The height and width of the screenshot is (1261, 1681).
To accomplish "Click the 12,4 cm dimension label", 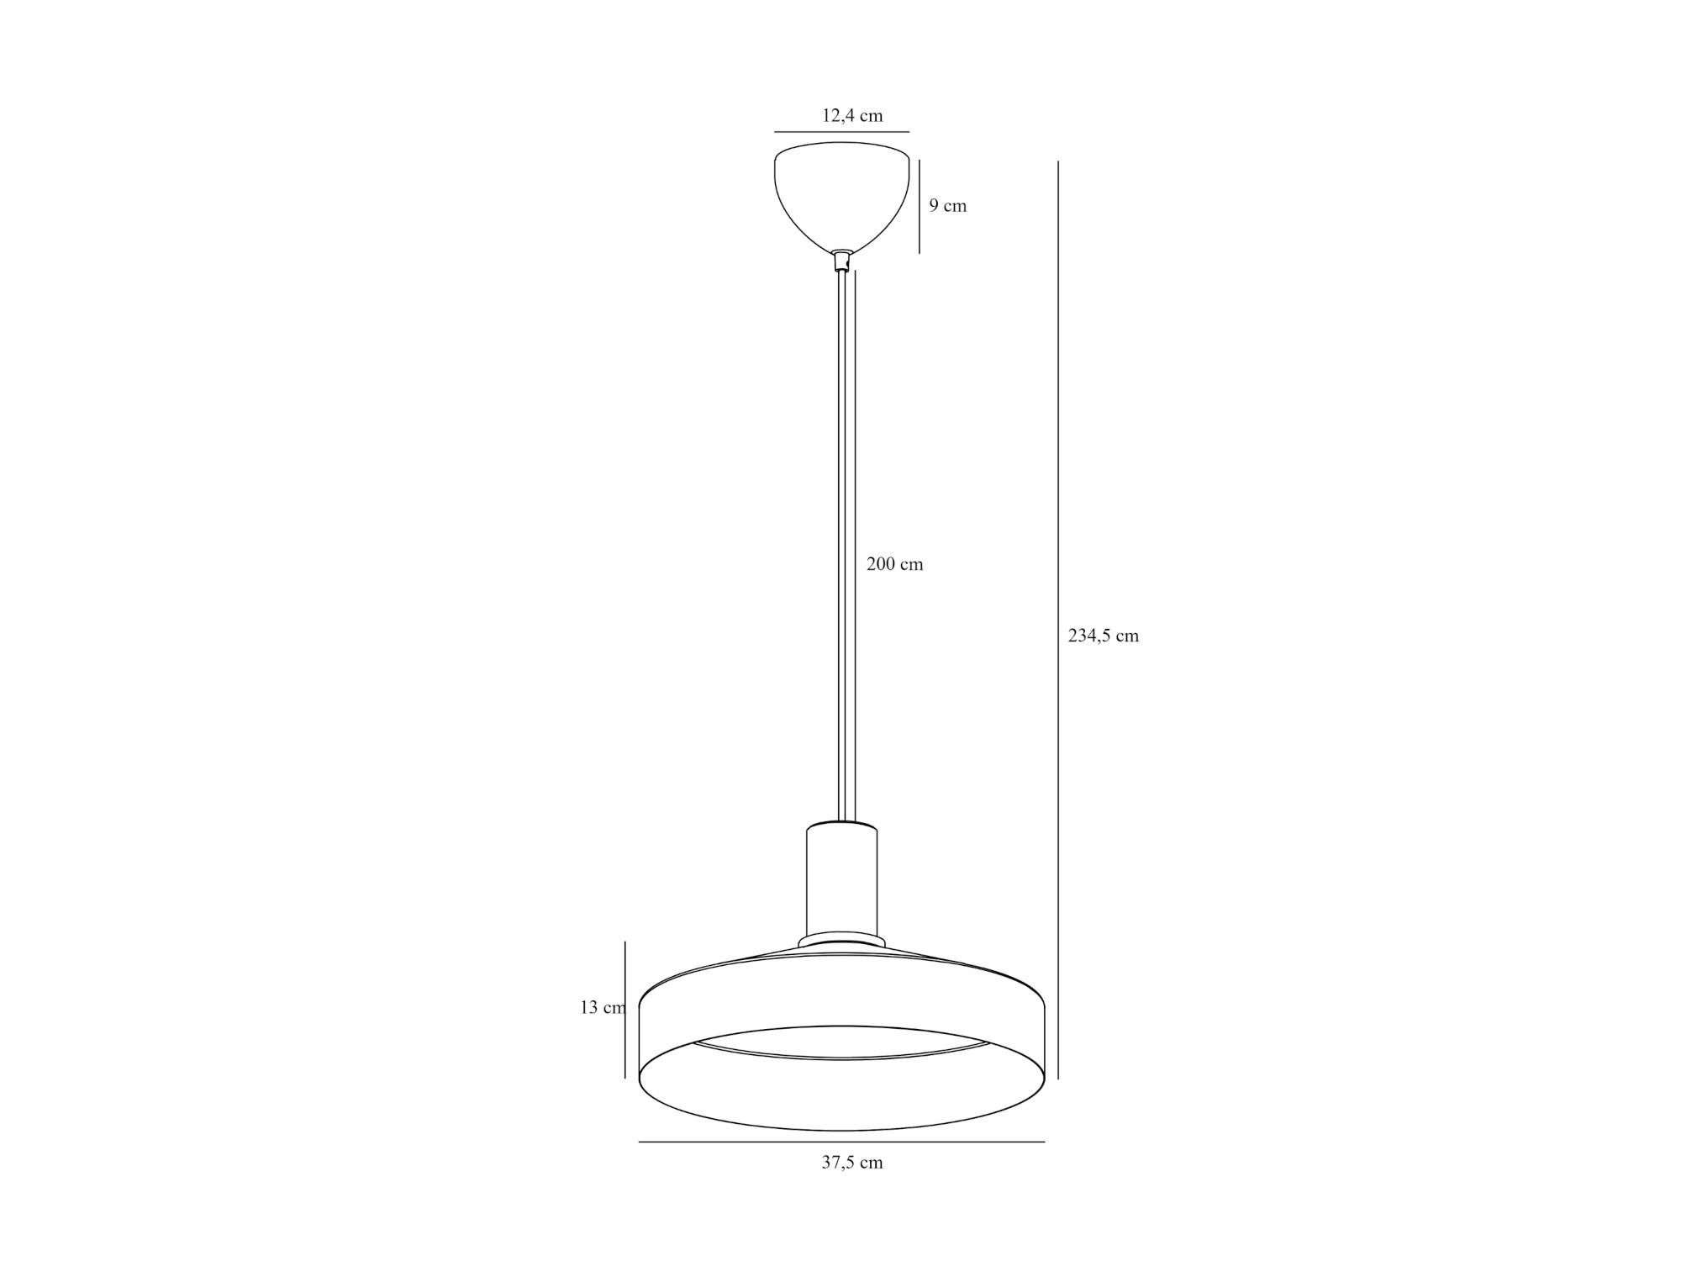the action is click(x=852, y=116).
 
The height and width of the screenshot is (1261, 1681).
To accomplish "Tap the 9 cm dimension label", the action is click(x=948, y=206).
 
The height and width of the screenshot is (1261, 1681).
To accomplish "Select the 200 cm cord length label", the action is click(x=895, y=564).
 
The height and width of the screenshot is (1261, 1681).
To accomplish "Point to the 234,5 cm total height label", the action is click(x=1104, y=636).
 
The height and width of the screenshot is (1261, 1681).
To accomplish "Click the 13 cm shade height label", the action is click(x=603, y=1007).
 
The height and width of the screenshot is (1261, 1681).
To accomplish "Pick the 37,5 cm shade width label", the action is click(x=852, y=1163).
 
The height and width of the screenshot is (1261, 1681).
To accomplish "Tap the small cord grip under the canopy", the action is click(x=841, y=261).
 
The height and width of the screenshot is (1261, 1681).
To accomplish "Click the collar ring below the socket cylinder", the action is click(x=841, y=940).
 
